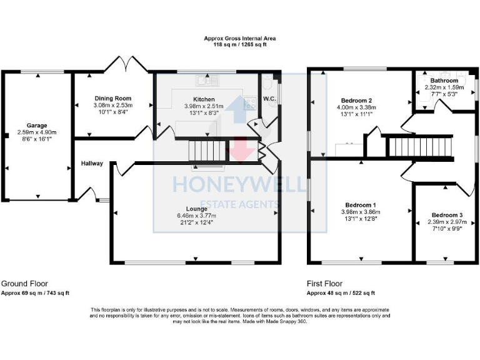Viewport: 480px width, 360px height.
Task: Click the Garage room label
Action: pos(36,126)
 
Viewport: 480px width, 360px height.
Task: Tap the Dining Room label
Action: pos(112,99)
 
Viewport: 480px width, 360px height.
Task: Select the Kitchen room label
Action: pos(204,99)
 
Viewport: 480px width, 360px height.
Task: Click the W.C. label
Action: pos(270,99)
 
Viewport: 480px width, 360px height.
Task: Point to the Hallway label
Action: pos(92,164)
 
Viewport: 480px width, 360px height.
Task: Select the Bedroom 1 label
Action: pos(361,205)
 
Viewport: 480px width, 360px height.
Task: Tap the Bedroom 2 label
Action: pos(357,101)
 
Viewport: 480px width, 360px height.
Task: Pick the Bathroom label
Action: pos(444,81)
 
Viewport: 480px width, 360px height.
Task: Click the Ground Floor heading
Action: pos(24,284)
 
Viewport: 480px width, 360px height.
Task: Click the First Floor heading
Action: pos(324,284)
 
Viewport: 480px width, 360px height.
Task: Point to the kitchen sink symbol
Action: pos(204,80)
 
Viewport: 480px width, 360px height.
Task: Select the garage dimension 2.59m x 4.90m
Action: pos(36,132)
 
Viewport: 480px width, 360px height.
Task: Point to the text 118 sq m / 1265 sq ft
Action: pos(239,45)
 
